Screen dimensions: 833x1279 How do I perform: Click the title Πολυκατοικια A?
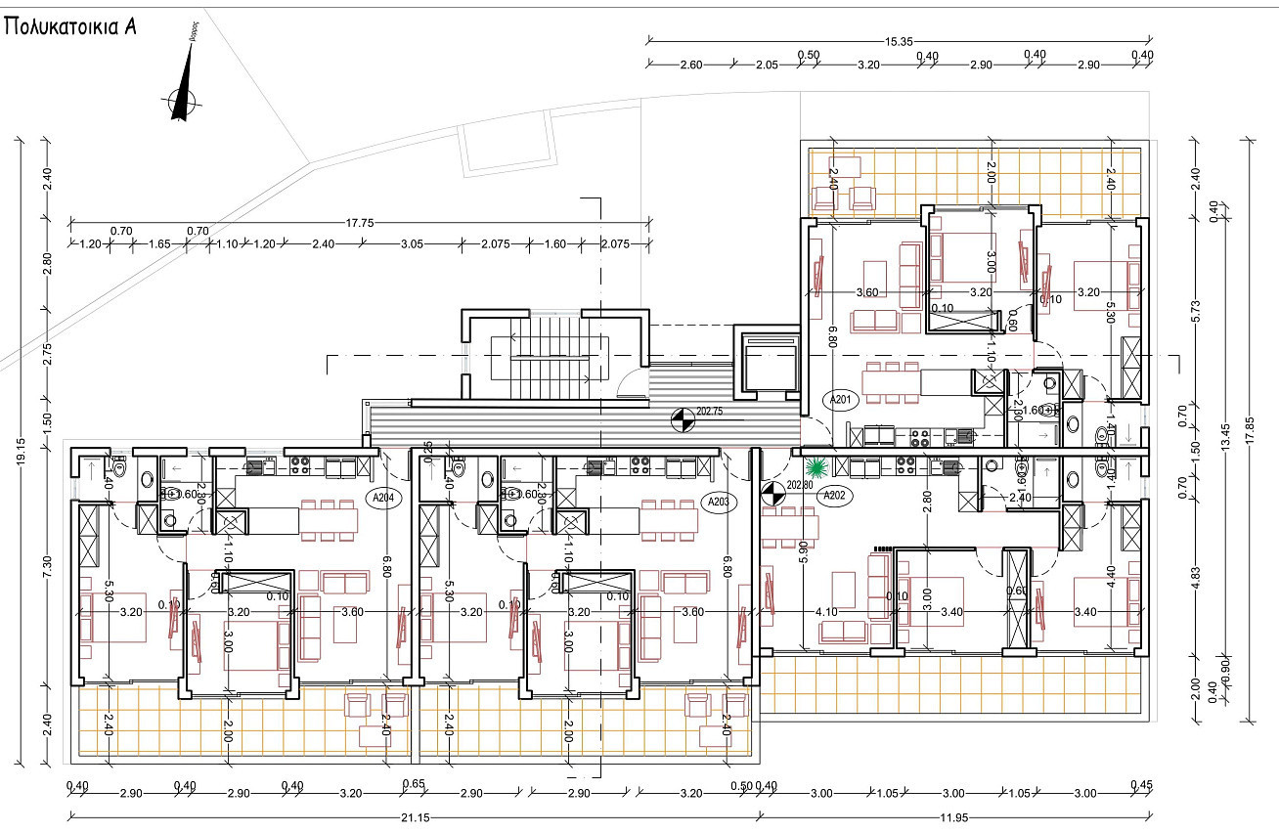pyautogui.click(x=69, y=26)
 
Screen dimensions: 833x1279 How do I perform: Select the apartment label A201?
pyautogui.click(x=843, y=399)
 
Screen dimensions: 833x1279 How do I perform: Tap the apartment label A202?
pyautogui.click(x=833, y=495)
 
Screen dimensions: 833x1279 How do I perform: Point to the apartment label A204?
pyautogui.click(x=383, y=497)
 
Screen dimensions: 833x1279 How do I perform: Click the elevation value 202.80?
pyautogui.click(x=801, y=483)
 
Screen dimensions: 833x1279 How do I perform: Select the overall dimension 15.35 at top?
pyautogui.click(x=899, y=41)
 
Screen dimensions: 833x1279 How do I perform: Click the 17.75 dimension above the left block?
pyautogui.click(x=360, y=223)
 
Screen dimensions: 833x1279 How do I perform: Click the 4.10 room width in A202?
pyautogui.click(x=827, y=612)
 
